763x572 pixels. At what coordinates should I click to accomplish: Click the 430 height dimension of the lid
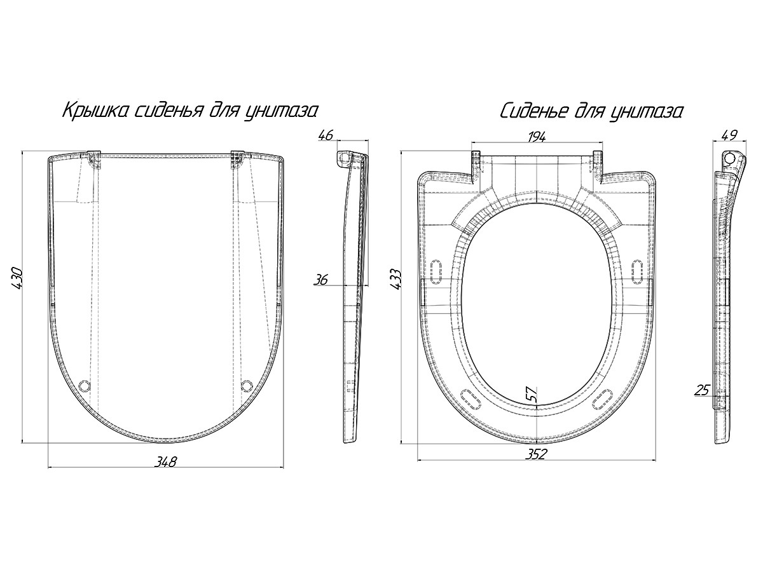coord(17,278)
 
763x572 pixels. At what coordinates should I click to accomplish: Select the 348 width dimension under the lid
coord(166,461)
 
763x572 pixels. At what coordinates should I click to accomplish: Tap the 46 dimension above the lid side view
coord(326,135)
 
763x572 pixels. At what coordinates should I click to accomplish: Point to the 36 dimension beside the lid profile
coord(320,280)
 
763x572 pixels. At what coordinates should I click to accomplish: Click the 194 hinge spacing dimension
coord(537,137)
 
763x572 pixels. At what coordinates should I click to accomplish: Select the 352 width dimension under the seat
coord(535,454)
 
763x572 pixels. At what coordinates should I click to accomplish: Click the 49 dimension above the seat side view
coord(729,135)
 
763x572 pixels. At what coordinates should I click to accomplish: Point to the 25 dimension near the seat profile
coord(701,390)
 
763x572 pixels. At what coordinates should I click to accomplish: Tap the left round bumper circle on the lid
coord(85,386)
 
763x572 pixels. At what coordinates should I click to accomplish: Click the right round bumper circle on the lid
coord(247,386)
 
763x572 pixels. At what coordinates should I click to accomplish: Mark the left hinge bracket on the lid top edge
coord(93,160)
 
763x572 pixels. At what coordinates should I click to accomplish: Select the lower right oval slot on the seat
coord(603,398)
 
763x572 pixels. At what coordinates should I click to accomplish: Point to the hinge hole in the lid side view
coord(343,158)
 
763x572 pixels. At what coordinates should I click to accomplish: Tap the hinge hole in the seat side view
coord(730,158)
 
